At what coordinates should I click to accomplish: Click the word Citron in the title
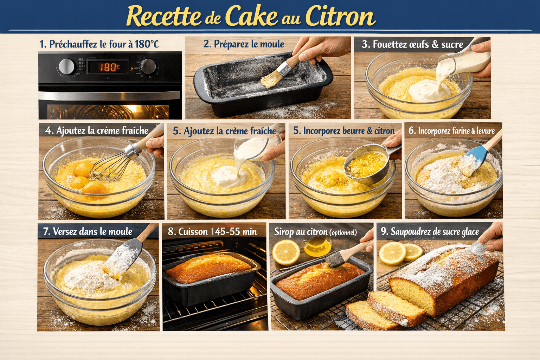[x=340, y=16]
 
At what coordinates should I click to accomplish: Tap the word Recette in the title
[x=163, y=17]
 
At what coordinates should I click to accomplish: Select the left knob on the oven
[x=66, y=66]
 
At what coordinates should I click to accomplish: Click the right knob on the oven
[x=148, y=66]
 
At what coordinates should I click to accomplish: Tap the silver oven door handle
[x=109, y=96]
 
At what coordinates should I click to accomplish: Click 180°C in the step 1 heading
[x=147, y=44]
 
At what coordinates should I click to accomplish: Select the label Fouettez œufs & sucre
[x=413, y=44]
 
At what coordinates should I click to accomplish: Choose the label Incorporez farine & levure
[x=451, y=131]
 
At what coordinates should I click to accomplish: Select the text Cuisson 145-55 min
[x=212, y=232]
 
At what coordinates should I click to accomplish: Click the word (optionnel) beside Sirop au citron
[x=343, y=233]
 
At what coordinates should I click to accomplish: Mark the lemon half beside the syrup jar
[x=286, y=252]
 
